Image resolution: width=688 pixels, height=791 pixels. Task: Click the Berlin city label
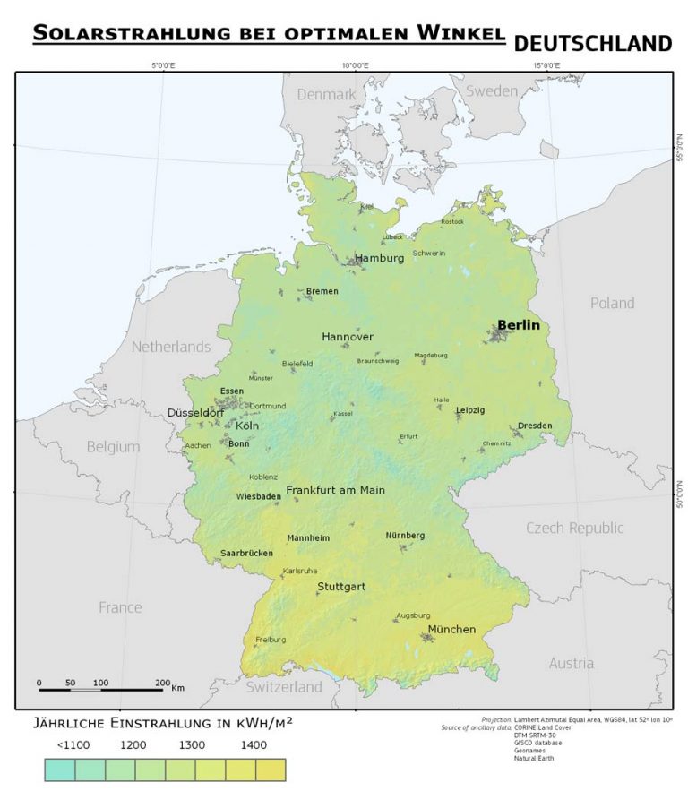click(x=519, y=325)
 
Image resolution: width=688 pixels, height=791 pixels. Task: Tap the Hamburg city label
click(x=379, y=258)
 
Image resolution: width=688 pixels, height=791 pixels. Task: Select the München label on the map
click(x=451, y=630)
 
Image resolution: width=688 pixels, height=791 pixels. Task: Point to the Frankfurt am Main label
click(x=335, y=490)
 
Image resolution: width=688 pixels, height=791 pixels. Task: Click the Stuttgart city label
click(x=341, y=588)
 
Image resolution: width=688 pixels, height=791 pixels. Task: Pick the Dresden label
click(x=535, y=426)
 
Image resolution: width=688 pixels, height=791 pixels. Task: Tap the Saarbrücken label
click(x=246, y=553)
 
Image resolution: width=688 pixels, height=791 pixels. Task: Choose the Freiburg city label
click(x=271, y=640)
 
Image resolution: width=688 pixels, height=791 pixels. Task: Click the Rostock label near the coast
click(x=452, y=221)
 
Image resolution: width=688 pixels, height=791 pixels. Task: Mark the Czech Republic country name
click(x=574, y=528)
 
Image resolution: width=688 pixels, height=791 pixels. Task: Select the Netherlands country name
click(x=171, y=347)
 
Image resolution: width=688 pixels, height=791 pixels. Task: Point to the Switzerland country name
click(x=284, y=687)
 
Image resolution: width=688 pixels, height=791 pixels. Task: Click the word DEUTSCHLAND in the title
click(x=593, y=43)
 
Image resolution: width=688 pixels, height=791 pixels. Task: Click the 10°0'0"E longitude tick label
click(x=355, y=65)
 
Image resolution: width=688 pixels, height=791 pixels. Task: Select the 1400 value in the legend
click(x=254, y=744)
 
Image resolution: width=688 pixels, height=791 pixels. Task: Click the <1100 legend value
click(x=74, y=744)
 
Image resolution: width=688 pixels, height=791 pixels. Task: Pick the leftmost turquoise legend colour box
click(x=60, y=770)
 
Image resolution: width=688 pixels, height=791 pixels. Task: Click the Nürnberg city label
click(x=405, y=536)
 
